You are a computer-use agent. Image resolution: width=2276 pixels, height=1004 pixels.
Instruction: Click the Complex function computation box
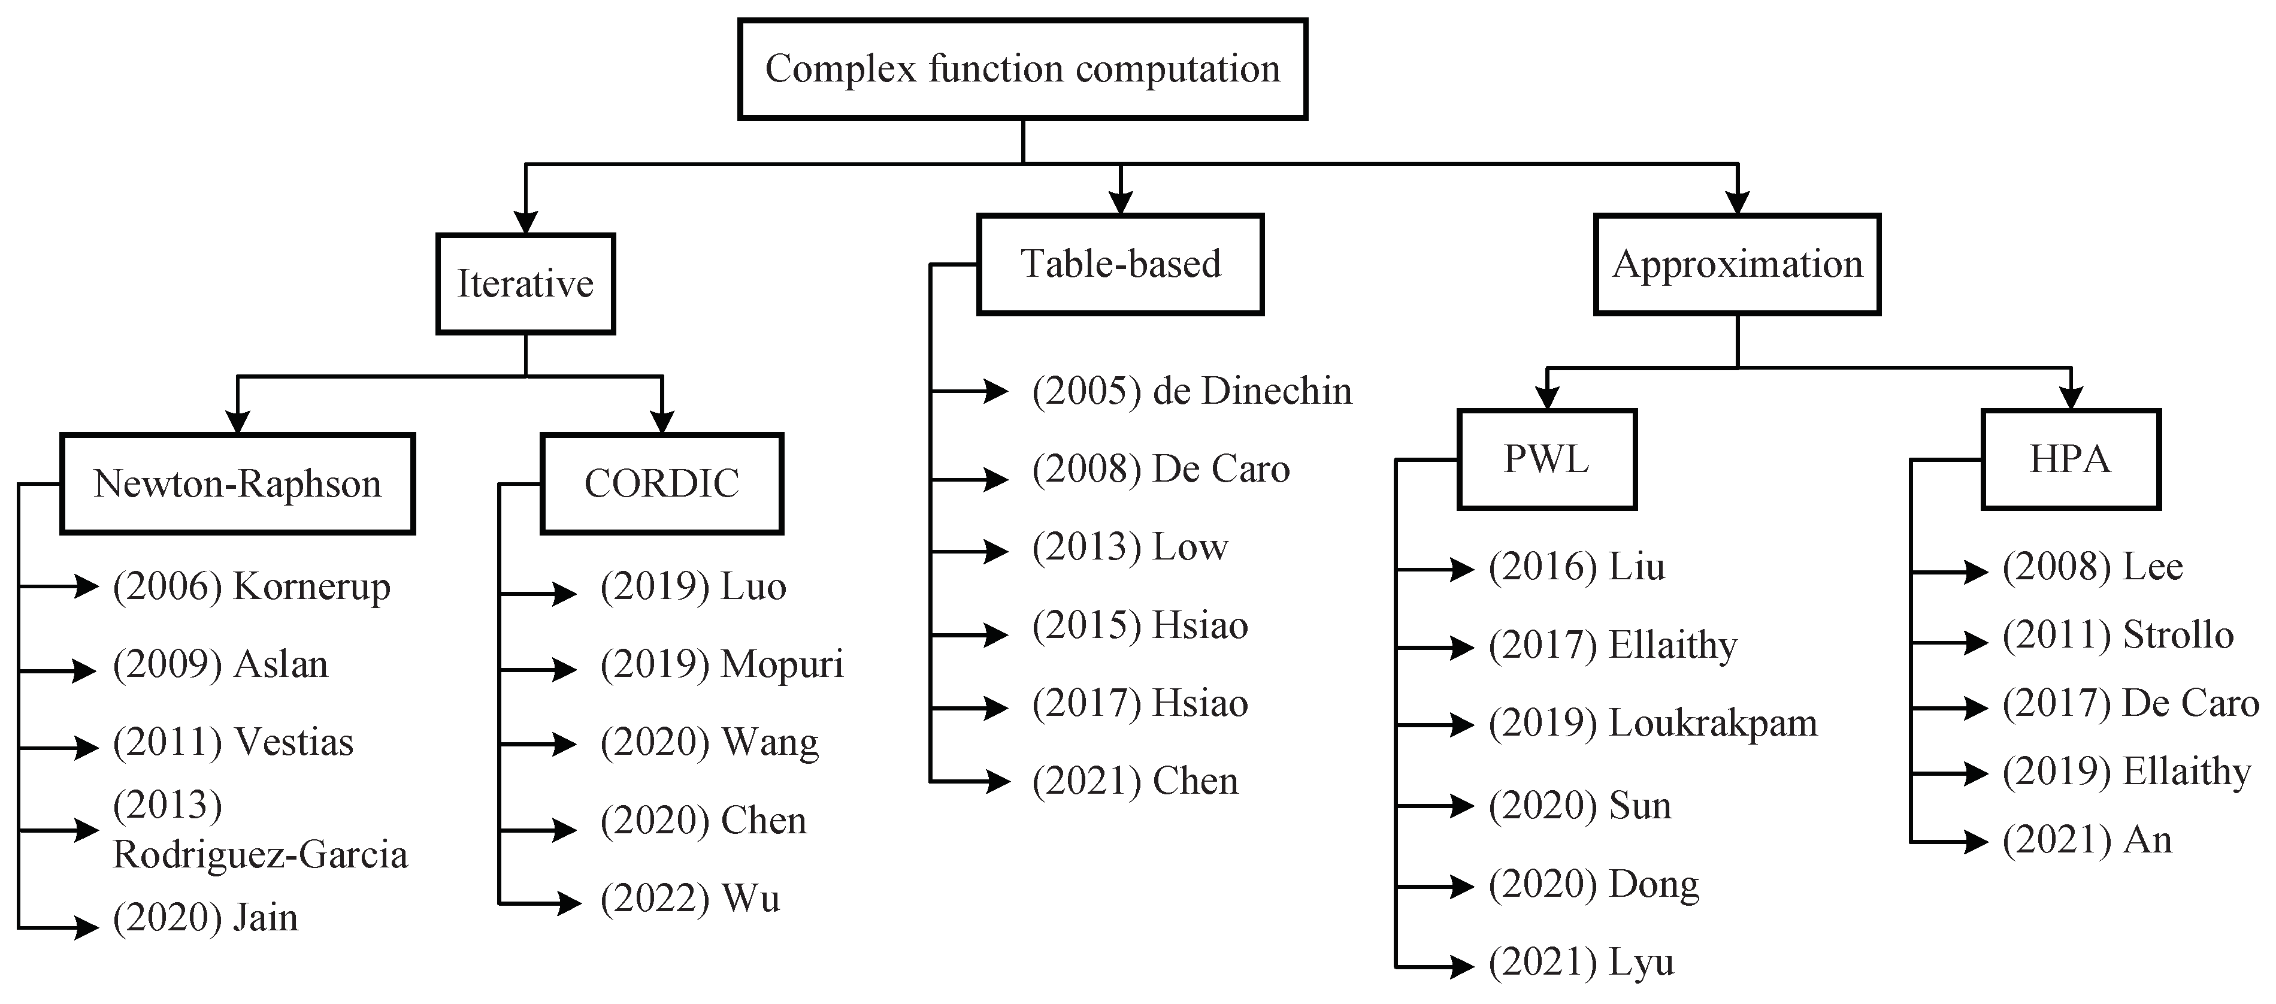pos(1022,69)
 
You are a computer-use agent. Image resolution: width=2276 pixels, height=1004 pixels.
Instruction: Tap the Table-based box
pos(1119,264)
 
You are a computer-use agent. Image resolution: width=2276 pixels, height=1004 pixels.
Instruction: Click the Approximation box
pos(1736,264)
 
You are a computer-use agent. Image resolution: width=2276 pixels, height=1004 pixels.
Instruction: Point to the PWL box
pos(1546,459)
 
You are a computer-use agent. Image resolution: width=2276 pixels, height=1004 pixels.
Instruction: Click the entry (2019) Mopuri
pos(721,664)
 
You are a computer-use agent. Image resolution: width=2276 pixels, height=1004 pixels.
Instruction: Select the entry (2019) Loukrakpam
pos(1652,724)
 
